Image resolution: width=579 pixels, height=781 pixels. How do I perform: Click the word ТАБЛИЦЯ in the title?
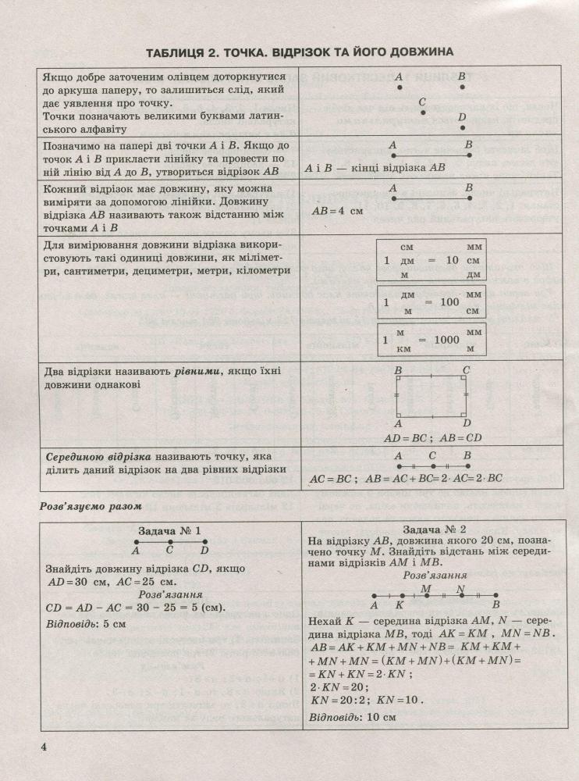[x=181, y=52]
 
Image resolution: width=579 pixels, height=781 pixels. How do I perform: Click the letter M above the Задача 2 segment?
[x=425, y=589]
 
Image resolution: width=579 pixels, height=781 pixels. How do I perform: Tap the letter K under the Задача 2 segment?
[x=400, y=604]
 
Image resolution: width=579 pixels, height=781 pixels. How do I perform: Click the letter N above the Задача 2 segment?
[x=460, y=589]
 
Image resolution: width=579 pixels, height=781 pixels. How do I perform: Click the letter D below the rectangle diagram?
[x=466, y=423]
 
